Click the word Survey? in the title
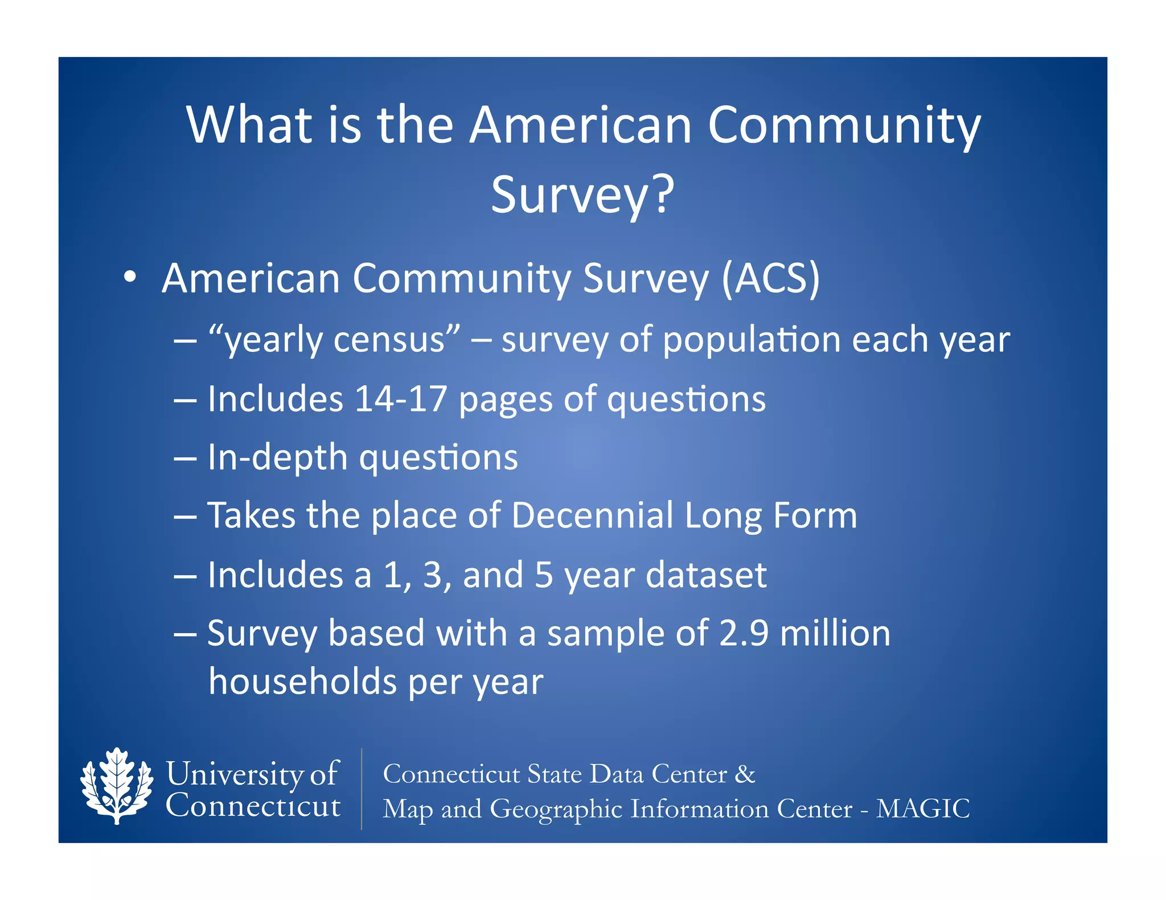point(582,195)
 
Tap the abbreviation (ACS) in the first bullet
point(770,279)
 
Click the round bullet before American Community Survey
point(130,277)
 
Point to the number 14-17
point(400,399)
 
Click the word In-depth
point(277,457)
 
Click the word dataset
point(706,575)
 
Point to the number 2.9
point(744,633)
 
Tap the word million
point(835,633)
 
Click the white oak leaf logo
point(117,786)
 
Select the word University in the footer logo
point(235,774)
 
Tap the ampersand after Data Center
point(745,774)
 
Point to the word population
point(752,340)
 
